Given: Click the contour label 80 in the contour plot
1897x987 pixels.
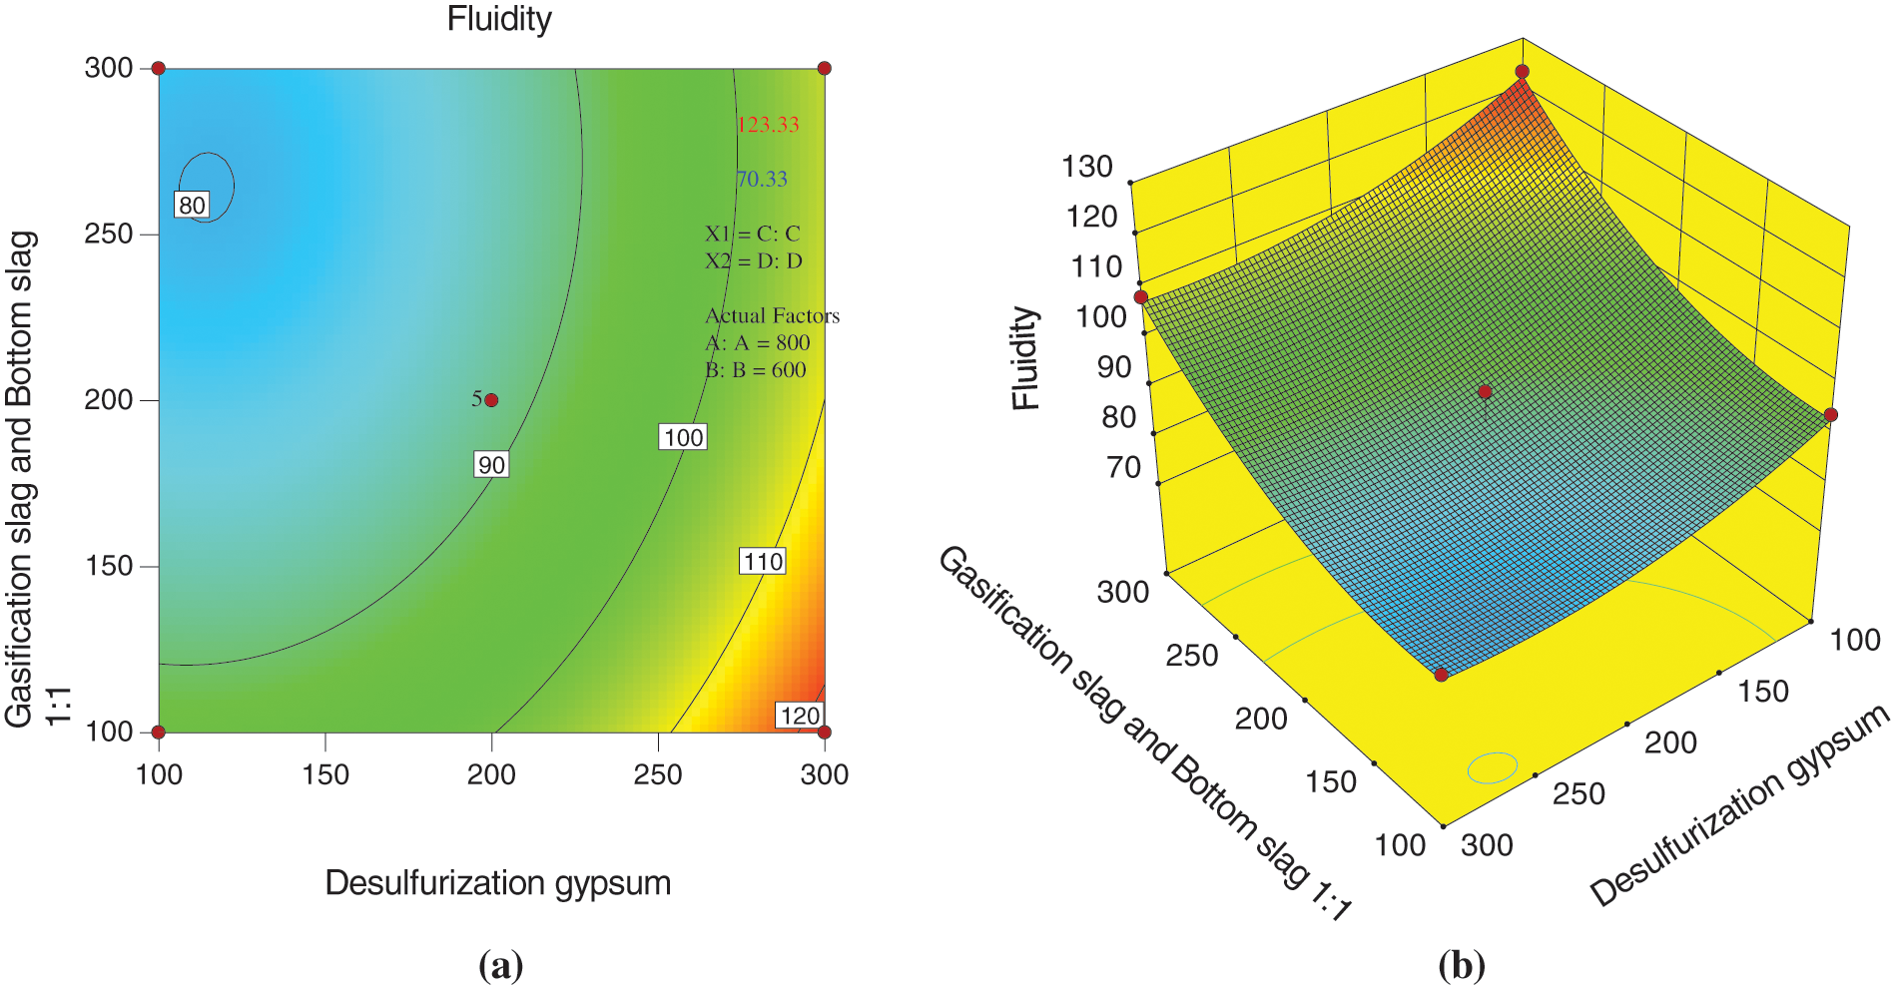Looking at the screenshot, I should [x=192, y=205].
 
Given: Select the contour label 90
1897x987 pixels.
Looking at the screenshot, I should [x=491, y=464].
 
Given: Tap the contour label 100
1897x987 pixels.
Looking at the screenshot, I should [x=683, y=437].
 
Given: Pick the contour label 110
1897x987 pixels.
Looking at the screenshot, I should [x=763, y=561].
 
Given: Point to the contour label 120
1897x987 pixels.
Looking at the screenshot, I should [x=800, y=716].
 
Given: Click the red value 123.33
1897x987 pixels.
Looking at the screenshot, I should [x=768, y=125].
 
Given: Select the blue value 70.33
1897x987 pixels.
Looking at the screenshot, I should [x=762, y=179].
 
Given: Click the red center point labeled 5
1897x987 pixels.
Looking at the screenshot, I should [x=491, y=400].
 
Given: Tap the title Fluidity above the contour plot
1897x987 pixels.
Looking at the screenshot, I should [x=499, y=19].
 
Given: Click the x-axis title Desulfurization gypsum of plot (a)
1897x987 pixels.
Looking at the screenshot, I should [x=497, y=882].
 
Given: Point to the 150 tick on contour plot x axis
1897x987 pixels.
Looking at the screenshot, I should [x=325, y=774].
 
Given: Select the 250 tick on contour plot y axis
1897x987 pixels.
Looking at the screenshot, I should [x=109, y=234].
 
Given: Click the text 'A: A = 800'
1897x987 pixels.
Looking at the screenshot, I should [x=758, y=342].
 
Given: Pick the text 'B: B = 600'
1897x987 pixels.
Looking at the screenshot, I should [x=756, y=369].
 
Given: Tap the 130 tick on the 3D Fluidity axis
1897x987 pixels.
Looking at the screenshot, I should [x=1086, y=167].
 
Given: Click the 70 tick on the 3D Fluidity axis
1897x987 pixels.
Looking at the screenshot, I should [x=1123, y=467].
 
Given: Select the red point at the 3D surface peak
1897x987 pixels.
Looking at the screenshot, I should [x=1522, y=72].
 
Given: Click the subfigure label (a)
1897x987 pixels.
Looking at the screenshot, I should [x=500, y=965].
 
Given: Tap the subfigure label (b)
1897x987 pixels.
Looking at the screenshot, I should [x=1462, y=965].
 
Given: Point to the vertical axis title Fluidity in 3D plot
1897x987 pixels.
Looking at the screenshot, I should [x=1025, y=358].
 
